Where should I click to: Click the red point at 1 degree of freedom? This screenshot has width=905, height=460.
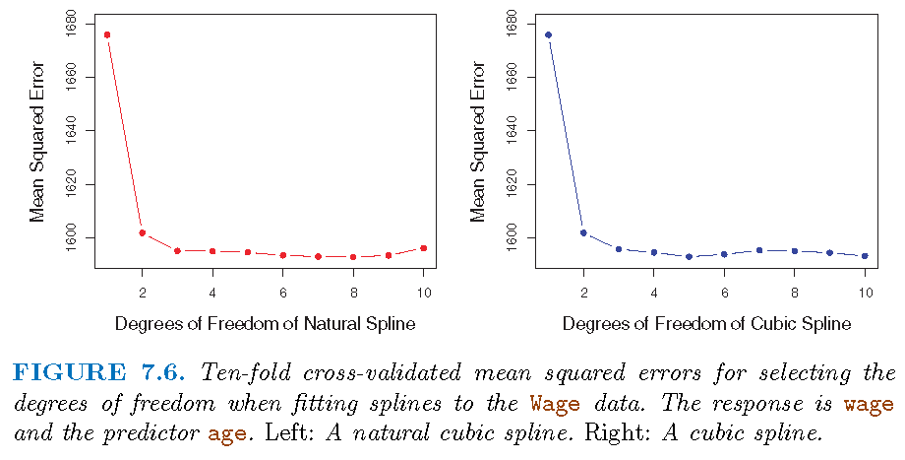click(107, 34)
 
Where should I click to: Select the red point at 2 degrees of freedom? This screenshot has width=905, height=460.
click(143, 232)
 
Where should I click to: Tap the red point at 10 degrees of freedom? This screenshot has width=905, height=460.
click(424, 248)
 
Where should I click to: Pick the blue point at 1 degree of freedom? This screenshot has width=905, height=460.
click(548, 34)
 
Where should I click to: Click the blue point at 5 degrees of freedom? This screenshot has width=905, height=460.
click(690, 256)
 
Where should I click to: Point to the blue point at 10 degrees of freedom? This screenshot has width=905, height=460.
click(865, 256)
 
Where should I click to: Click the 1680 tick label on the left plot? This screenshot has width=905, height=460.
click(78, 24)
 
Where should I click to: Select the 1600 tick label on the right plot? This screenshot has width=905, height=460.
click(518, 237)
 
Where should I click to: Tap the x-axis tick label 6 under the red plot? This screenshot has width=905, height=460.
click(283, 293)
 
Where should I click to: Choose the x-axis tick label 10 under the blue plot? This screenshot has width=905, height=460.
click(865, 293)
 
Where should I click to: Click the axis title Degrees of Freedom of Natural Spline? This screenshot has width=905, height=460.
click(266, 323)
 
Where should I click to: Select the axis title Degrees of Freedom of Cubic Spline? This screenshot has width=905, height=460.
click(706, 323)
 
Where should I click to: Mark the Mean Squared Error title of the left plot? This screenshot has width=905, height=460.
click(37, 144)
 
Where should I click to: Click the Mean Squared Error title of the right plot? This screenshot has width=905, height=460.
click(478, 144)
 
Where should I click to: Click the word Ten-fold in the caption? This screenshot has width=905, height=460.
click(246, 373)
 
